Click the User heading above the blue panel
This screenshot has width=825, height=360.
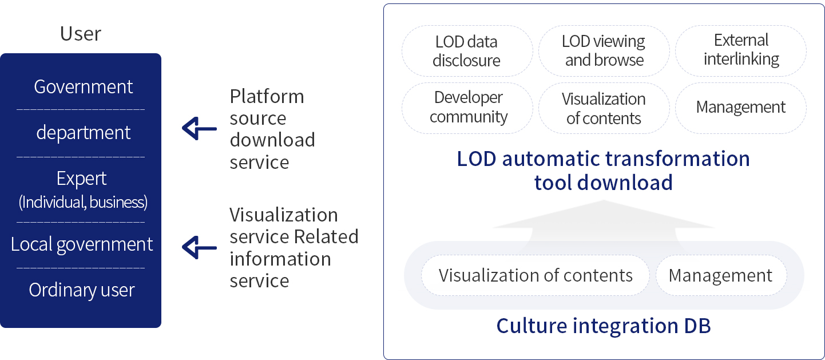(x=81, y=34)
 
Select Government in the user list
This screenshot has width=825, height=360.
(x=83, y=87)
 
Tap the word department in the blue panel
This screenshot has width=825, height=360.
(x=84, y=133)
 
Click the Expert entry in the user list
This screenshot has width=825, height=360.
(x=81, y=179)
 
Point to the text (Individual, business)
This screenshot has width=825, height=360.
(x=83, y=202)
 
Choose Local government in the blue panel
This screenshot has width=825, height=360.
(x=82, y=244)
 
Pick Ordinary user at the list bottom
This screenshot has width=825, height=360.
(x=82, y=290)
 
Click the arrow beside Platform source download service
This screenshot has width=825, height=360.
(x=199, y=128)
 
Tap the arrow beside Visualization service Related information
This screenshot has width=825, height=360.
(x=199, y=247)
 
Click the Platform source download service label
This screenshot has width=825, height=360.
(x=272, y=129)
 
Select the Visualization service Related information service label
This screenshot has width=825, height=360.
(x=293, y=247)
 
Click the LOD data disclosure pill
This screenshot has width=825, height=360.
(x=467, y=51)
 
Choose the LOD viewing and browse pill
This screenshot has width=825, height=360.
(x=604, y=51)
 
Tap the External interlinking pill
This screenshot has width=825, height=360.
(x=741, y=50)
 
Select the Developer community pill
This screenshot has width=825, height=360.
(x=468, y=107)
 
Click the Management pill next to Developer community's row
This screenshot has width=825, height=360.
(x=741, y=108)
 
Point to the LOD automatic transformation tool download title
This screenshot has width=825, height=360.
(x=603, y=171)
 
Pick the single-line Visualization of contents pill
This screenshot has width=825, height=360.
(x=536, y=275)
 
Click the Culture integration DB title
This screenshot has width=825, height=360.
(x=603, y=326)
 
